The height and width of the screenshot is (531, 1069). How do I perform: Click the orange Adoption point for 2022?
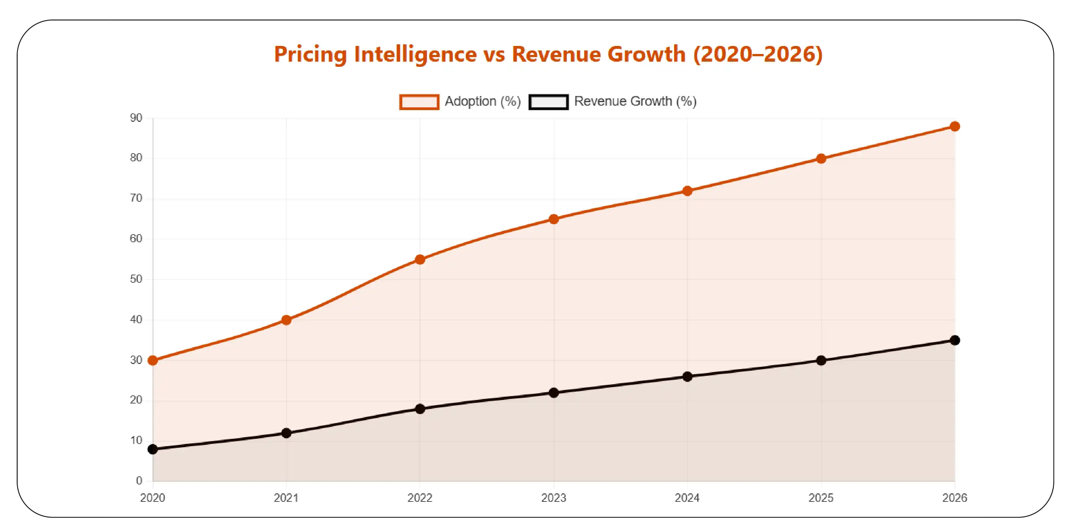420,260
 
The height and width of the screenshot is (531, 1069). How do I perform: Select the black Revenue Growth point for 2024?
687,376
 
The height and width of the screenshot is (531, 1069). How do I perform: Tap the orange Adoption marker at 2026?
955,126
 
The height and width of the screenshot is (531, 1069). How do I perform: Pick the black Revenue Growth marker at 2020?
153,449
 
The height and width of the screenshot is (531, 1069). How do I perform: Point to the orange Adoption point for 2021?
286,320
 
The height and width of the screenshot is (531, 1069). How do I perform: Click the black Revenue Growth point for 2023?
553,393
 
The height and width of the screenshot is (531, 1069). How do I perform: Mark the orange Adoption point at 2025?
821,159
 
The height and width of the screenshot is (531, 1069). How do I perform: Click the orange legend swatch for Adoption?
419,102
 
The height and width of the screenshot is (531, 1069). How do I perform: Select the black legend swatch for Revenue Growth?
548,102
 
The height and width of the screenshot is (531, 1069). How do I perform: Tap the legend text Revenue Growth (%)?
635,101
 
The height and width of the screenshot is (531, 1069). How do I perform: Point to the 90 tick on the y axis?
136,118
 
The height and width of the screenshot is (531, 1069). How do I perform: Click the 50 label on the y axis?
136,279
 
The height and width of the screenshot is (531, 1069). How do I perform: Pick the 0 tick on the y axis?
139,481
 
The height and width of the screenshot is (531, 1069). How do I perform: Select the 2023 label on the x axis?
553,498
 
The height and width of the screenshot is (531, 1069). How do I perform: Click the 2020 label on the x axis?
153,498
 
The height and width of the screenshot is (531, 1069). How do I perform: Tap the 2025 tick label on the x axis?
821,498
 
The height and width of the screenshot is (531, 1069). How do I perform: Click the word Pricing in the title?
310,54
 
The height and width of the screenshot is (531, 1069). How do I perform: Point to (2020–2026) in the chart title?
758,54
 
